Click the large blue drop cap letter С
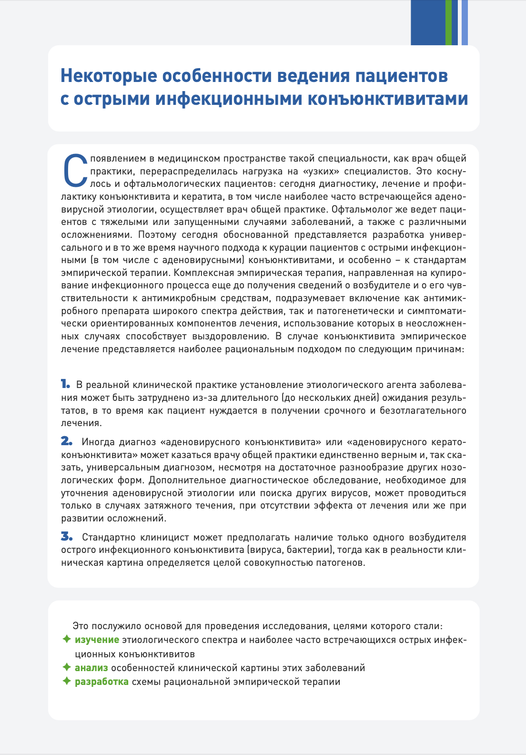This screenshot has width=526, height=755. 75,171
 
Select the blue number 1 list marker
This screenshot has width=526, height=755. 65,384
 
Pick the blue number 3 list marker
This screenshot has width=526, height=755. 67,537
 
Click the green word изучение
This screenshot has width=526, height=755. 97,640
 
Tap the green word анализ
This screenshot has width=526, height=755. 91,668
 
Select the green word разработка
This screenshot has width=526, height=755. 101,682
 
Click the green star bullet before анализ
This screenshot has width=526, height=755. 67,667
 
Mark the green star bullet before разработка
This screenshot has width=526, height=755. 67,681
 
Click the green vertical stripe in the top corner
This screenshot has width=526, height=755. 448,22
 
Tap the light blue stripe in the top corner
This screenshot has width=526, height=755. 465,22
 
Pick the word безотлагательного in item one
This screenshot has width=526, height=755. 423,410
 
